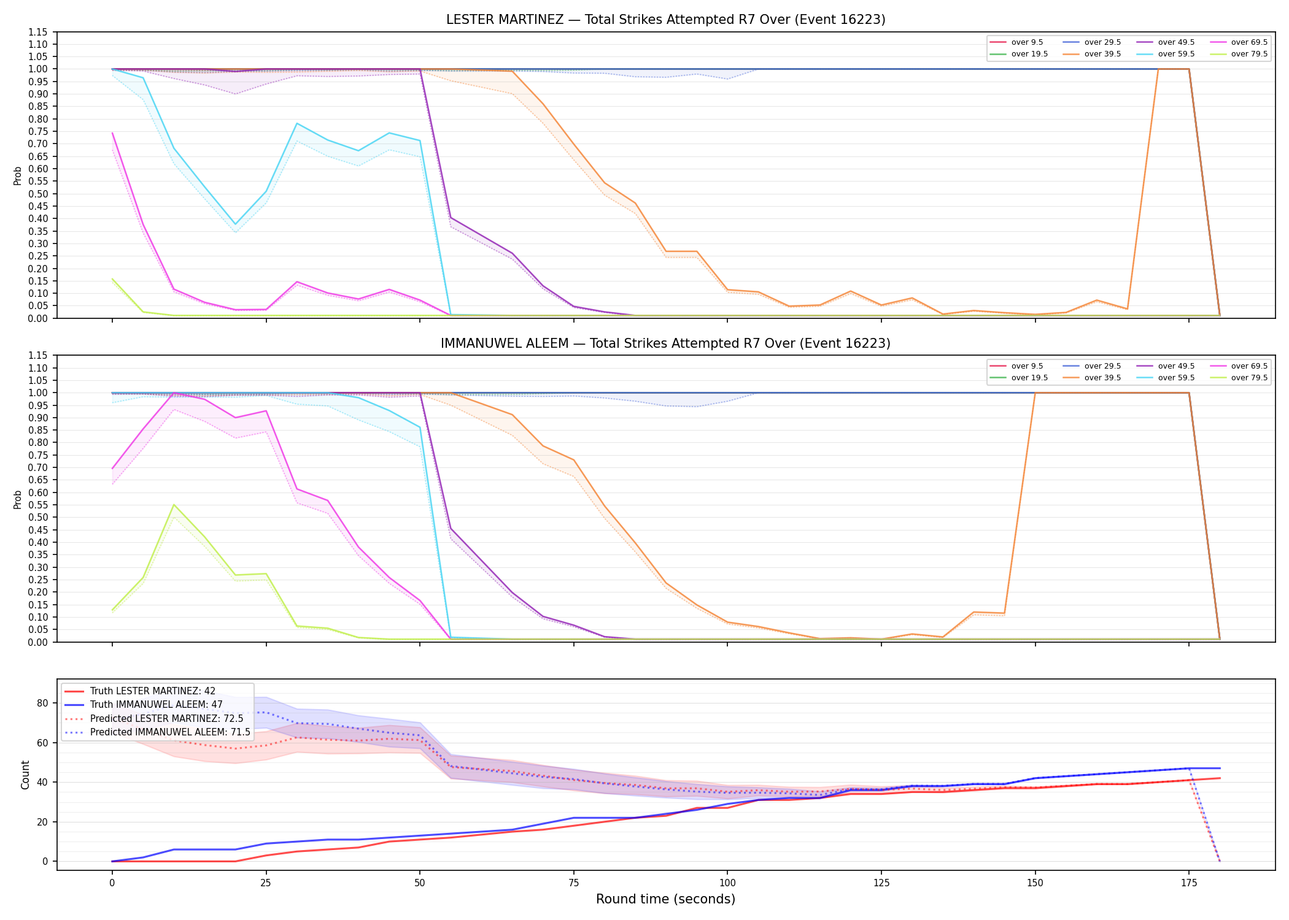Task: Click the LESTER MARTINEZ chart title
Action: [x=665, y=20]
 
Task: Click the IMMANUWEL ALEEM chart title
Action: [x=665, y=343]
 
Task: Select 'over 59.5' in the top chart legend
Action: [x=1176, y=54]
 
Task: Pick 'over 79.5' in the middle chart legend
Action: [x=1249, y=378]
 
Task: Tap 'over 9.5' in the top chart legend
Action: [x=1027, y=42]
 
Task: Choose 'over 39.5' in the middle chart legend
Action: [x=1102, y=378]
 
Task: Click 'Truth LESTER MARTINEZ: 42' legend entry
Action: [x=153, y=691]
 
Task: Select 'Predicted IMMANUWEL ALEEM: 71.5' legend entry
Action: [x=170, y=732]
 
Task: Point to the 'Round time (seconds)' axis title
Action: [x=665, y=899]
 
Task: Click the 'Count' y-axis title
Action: [x=25, y=775]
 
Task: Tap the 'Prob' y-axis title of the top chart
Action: [x=18, y=175]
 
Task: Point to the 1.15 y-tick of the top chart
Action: [x=38, y=32]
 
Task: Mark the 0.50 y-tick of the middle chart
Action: [x=38, y=517]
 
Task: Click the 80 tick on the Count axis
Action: [x=42, y=703]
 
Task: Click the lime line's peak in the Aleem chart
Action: [x=174, y=505]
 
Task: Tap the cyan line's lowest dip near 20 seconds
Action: [x=235, y=224]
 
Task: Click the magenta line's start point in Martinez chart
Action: [x=112, y=133]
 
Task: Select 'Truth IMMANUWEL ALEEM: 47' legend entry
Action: [x=157, y=705]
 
